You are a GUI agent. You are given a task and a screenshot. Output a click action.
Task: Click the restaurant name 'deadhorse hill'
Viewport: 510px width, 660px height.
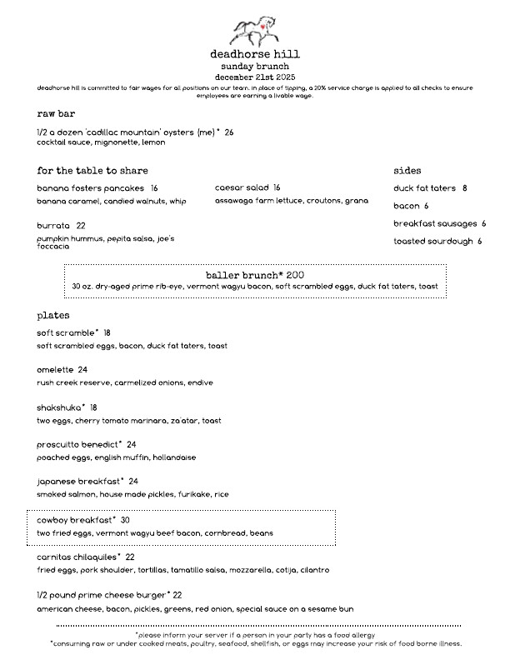[255, 54]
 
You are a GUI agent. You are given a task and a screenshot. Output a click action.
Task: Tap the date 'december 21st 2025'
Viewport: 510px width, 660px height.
[255, 77]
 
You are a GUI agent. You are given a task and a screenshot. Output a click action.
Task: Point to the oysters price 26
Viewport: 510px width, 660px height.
[229, 132]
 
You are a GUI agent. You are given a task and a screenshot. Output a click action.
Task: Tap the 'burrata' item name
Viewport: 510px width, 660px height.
[54, 226]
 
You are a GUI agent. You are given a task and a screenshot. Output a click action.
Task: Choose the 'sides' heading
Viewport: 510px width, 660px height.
[407, 170]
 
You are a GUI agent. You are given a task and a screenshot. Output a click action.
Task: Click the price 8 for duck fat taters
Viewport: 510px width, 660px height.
[464, 188]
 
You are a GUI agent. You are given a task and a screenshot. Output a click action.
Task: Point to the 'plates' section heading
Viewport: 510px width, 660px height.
[53, 317]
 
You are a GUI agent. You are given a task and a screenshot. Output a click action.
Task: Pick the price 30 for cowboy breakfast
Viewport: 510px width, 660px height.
[125, 520]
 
